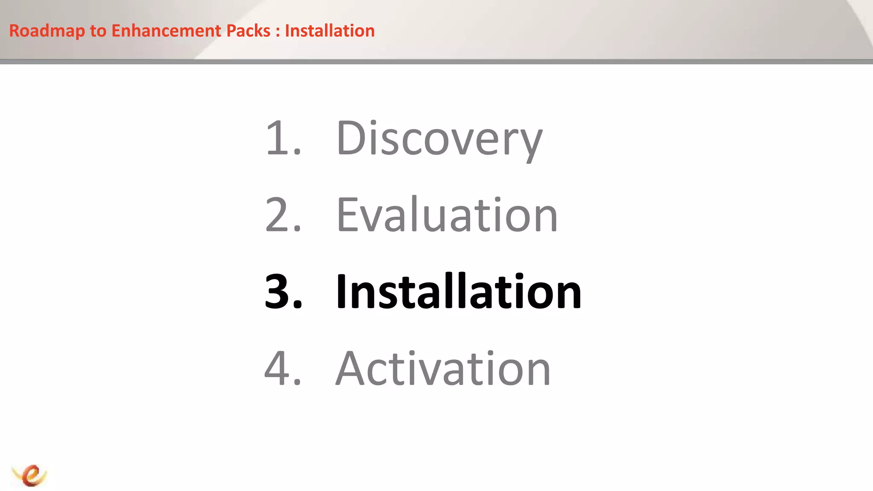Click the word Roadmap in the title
click(47, 31)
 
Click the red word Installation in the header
click(330, 31)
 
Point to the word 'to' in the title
click(98, 31)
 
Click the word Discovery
click(439, 139)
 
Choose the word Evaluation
click(447, 215)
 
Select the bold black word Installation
click(458, 292)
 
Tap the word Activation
click(443, 368)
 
